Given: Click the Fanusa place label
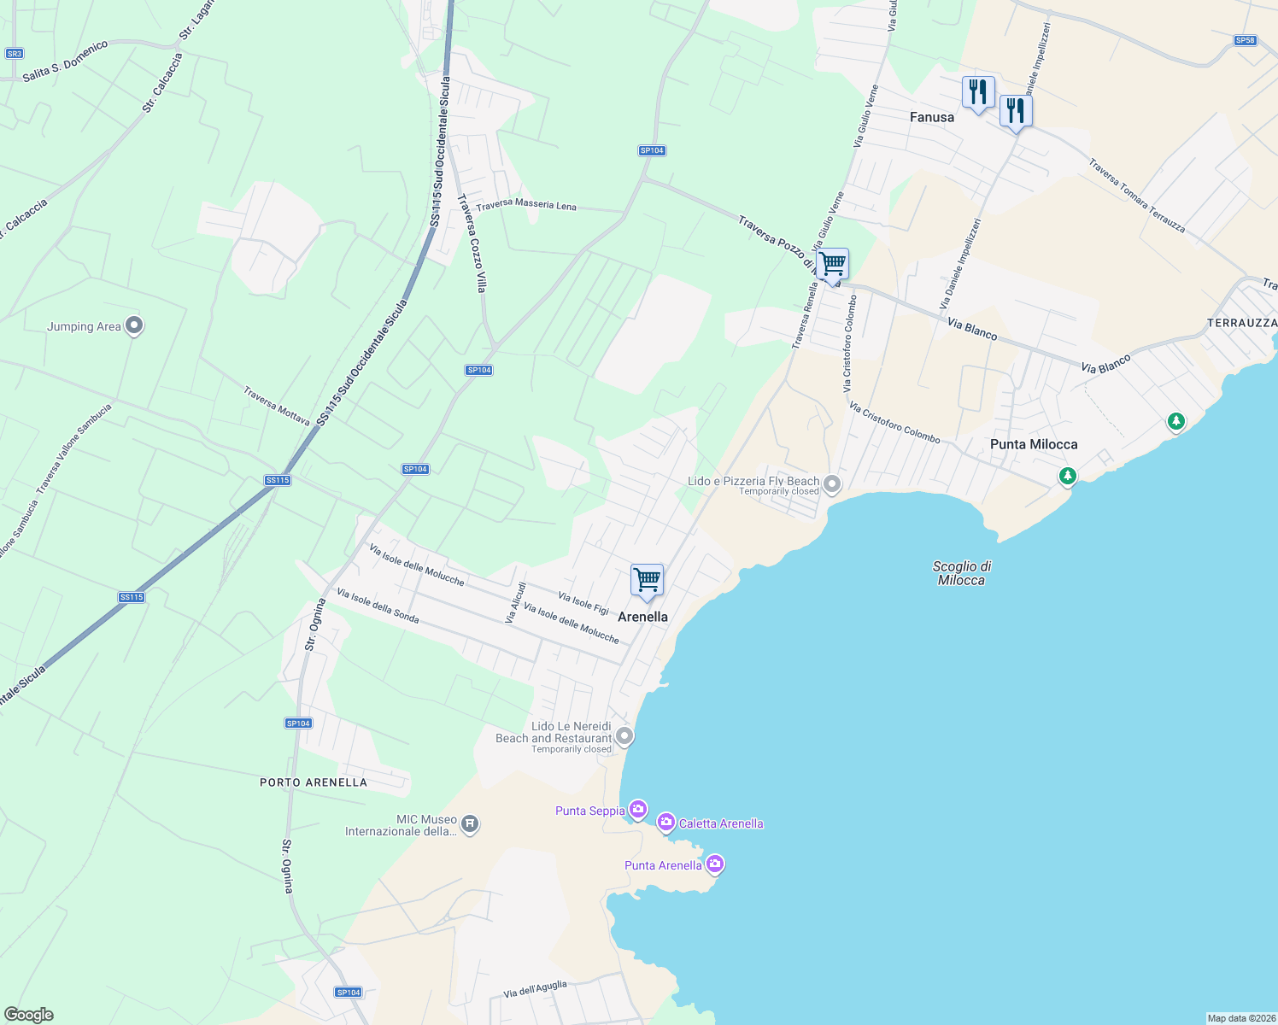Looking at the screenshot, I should (931, 117).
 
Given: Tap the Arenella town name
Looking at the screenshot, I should (642, 617).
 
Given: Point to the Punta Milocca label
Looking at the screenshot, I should (1033, 444).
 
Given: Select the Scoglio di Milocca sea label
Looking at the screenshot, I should (961, 573).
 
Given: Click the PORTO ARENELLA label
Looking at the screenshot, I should (314, 782).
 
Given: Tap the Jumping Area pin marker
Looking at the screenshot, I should (133, 325).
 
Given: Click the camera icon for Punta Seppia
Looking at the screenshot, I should (637, 809).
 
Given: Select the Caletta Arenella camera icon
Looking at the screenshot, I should (665, 822).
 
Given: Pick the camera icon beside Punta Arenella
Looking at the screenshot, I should (715, 864).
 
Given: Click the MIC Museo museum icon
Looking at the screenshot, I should (469, 824).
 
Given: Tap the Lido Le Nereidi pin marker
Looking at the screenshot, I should (624, 735).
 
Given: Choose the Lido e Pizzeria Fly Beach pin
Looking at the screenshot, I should (832, 485).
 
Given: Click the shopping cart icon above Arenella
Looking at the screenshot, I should (647, 580).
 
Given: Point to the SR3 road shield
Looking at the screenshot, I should (14, 54).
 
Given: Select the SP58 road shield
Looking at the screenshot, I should (1245, 40).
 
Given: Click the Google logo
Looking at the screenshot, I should (28, 1015).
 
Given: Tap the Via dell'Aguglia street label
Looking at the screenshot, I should (535, 989).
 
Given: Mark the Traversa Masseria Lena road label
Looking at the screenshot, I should (526, 206).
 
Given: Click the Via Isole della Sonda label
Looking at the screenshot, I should (378, 606).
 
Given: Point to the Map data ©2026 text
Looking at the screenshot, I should (1240, 1018).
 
